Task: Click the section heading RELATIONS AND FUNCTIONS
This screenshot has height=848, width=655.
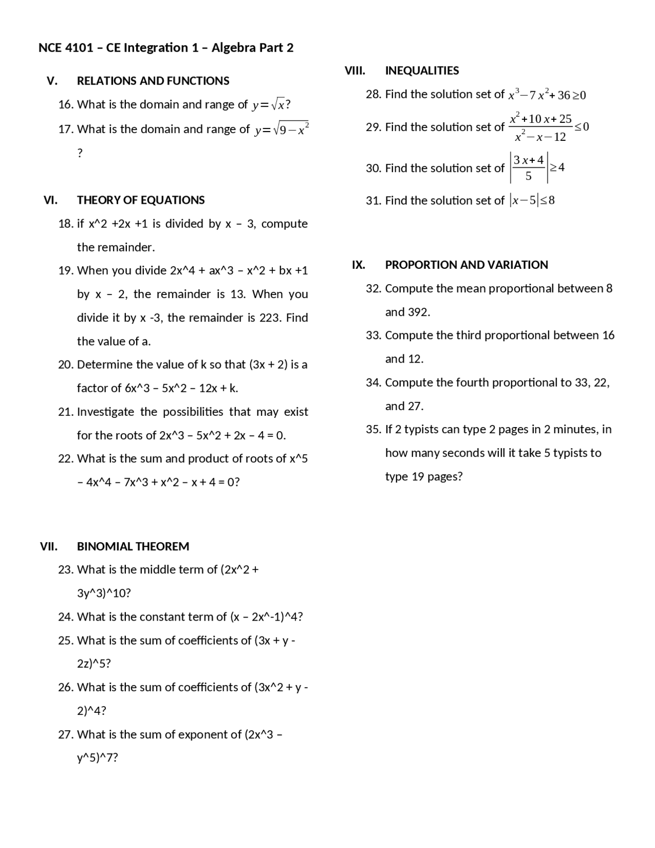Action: pyautogui.click(x=153, y=81)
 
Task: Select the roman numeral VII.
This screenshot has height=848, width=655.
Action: pyautogui.click(x=49, y=546)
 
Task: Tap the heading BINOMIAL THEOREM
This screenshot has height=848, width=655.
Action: pyautogui.click(x=133, y=546)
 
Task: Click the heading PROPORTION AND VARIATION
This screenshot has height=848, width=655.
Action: pyautogui.click(x=466, y=265)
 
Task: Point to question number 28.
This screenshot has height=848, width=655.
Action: pyautogui.click(x=374, y=94)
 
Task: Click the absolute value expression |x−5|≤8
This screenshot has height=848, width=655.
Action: pyautogui.click(x=532, y=200)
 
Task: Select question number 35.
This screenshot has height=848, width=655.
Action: pyautogui.click(x=374, y=430)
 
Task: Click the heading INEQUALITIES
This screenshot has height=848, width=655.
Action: pyautogui.click(x=422, y=71)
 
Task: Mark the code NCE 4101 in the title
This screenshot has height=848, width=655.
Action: pyautogui.click(x=65, y=48)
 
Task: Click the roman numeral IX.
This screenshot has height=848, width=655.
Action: pyautogui.click(x=358, y=265)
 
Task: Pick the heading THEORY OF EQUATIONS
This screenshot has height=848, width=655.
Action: pyautogui.click(x=141, y=200)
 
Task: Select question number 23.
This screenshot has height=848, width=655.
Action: pyautogui.click(x=66, y=570)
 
